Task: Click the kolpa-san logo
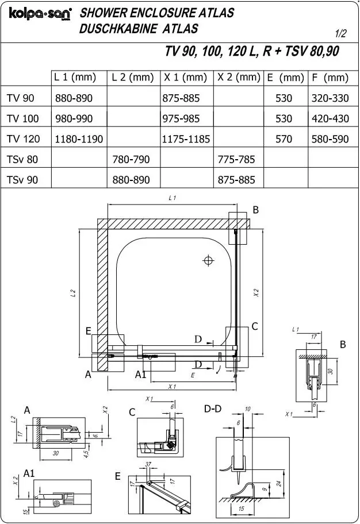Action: [40, 14]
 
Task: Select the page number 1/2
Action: [340, 33]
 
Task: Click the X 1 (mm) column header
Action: [185, 78]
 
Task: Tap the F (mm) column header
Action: [330, 78]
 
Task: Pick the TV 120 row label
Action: [24, 138]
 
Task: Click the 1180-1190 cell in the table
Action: [79, 139]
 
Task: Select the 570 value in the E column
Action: [284, 139]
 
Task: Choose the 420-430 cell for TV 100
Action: [330, 118]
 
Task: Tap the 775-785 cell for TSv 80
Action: [236, 159]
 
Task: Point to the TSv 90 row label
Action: [22, 180]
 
